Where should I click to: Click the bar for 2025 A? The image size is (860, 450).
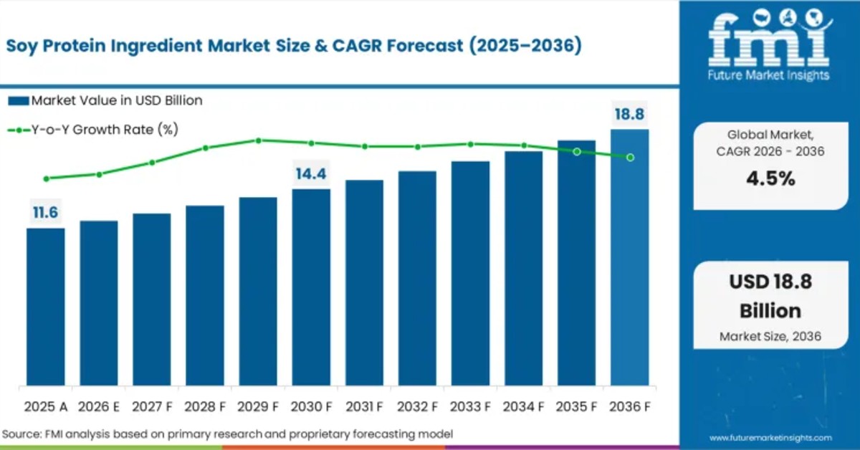coord(46,307)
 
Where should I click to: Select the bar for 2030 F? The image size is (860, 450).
coord(311,287)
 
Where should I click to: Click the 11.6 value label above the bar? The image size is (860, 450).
coord(45,212)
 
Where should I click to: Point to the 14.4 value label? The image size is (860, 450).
coord(311,173)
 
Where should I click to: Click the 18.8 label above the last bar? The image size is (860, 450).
coord(629,114)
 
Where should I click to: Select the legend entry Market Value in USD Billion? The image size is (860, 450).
coord(105,100)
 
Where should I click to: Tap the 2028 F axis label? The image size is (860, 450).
coord(205,406)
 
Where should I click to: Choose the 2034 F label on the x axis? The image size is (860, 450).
coord(523,406)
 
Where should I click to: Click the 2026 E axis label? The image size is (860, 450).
coord(99,406)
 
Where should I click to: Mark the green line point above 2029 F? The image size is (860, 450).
coord(259,140)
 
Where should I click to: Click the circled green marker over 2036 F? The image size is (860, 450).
coord(630,157)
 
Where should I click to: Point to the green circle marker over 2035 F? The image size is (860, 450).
coord(577,151)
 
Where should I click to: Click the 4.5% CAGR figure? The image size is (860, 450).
coord(770,178)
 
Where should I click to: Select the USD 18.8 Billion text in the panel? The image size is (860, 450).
coord(770,296)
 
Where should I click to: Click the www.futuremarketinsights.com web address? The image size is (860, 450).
coord(770,437)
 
